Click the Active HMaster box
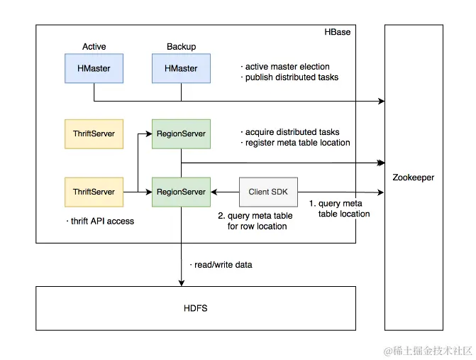point(94,69)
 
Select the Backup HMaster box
point(181,69)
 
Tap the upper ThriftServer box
point(94,133)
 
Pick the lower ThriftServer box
point(94,192)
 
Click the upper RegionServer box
point(181,133)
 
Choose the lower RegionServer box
point(181,192)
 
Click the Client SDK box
point(268,192)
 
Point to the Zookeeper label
point(413,178)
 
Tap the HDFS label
point(196,308)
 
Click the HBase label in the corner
point(337,32)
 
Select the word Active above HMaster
point(94,47)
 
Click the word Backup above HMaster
point(181,47)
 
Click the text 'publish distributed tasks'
point(292,77)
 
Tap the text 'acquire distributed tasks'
point(292,132)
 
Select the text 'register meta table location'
point(297,143)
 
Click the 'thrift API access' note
point(100,221)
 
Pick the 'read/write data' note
point(222,265)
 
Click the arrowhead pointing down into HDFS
point(181,283)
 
